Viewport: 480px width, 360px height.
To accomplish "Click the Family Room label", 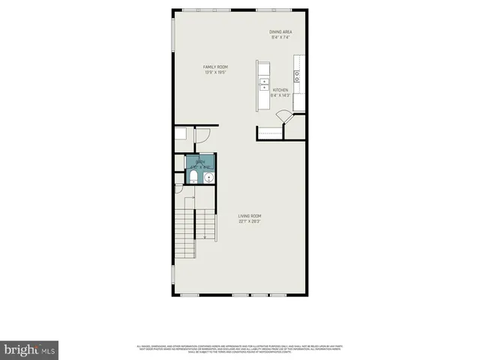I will click(215, 67).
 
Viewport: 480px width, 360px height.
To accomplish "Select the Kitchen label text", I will click(280, 90).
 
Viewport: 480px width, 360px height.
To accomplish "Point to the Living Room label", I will click(250, 217).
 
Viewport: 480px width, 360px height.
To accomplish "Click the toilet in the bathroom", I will click(193, 177).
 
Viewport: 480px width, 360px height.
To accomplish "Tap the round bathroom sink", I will click(208, 178).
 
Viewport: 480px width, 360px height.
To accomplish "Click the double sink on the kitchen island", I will click(264, 83).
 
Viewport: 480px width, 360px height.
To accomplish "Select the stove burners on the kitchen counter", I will click(297, 75).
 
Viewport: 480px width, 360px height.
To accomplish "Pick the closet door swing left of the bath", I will click(201, 136).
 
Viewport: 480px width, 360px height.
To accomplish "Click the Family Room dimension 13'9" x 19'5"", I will click(215, 73).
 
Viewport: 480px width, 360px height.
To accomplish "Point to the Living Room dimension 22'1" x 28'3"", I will click(250, 222).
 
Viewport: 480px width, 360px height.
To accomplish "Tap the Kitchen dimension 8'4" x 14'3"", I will click(280, 95).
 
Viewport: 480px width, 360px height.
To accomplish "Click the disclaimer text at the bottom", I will click(240, 348).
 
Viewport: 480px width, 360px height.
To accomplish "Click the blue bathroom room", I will click(200, 169).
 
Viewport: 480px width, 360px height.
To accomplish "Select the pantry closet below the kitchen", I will click(270, 133).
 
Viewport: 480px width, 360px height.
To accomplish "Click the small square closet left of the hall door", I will click(181, 134).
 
